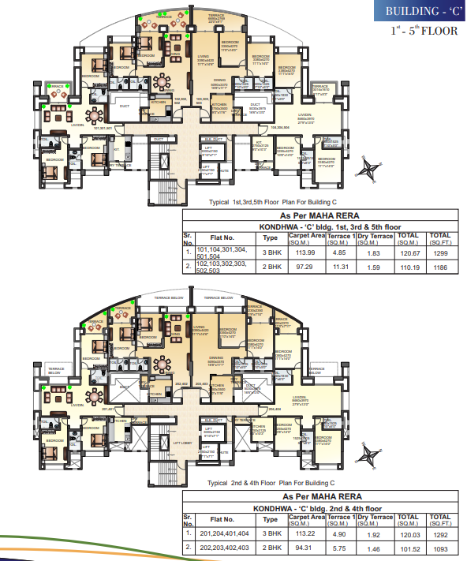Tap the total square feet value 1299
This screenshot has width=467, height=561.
(439, 252)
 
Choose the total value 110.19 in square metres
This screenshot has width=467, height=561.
(407, 267)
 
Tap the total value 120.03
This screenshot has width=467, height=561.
(407, 533)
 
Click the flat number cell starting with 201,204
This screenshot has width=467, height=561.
(226, 533)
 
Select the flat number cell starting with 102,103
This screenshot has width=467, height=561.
(226, 267)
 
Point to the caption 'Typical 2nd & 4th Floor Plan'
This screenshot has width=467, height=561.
(271, 482)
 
